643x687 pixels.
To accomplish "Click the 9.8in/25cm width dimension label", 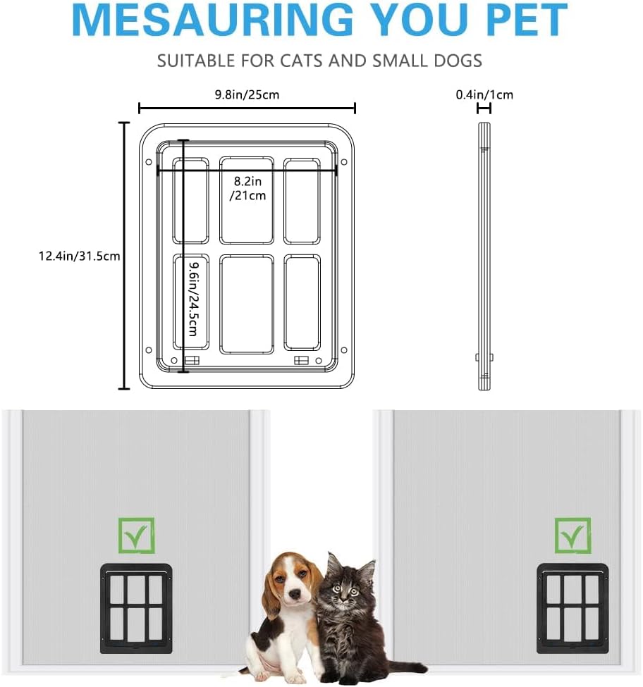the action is (x=247, y=94).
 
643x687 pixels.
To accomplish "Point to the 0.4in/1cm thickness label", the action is (x=484, y=94).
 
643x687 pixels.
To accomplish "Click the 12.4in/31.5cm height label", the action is (x=80, y=256).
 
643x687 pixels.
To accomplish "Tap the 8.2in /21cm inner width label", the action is (x=247, y=188).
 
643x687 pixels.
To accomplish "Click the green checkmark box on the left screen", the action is (x=136, y=536).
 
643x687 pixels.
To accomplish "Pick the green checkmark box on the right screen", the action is (x=572, y=536).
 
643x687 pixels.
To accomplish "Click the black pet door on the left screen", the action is (x=136, y=609).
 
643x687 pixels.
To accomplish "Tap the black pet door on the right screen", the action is (x=572, y=609).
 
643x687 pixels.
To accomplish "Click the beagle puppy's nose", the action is (x=295, y=595).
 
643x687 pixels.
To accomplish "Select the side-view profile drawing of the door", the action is (x=484, y=256).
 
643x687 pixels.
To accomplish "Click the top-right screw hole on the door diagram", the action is (x=344, y=162).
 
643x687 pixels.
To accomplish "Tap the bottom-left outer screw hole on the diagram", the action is (x=149, y=350).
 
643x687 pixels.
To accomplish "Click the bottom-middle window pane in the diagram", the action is (x=247, y=304).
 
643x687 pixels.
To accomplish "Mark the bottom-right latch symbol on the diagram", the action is (x=301, y=361).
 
